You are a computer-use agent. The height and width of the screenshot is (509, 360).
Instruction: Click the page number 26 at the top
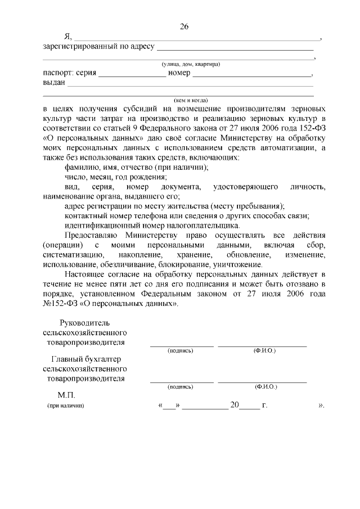184,26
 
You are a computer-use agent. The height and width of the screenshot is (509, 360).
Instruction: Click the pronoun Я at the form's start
52,37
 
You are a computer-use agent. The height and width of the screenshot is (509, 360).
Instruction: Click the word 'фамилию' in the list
83,167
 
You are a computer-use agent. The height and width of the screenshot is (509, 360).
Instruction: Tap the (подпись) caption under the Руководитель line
181,350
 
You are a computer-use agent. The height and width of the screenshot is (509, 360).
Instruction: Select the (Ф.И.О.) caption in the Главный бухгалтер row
264,387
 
